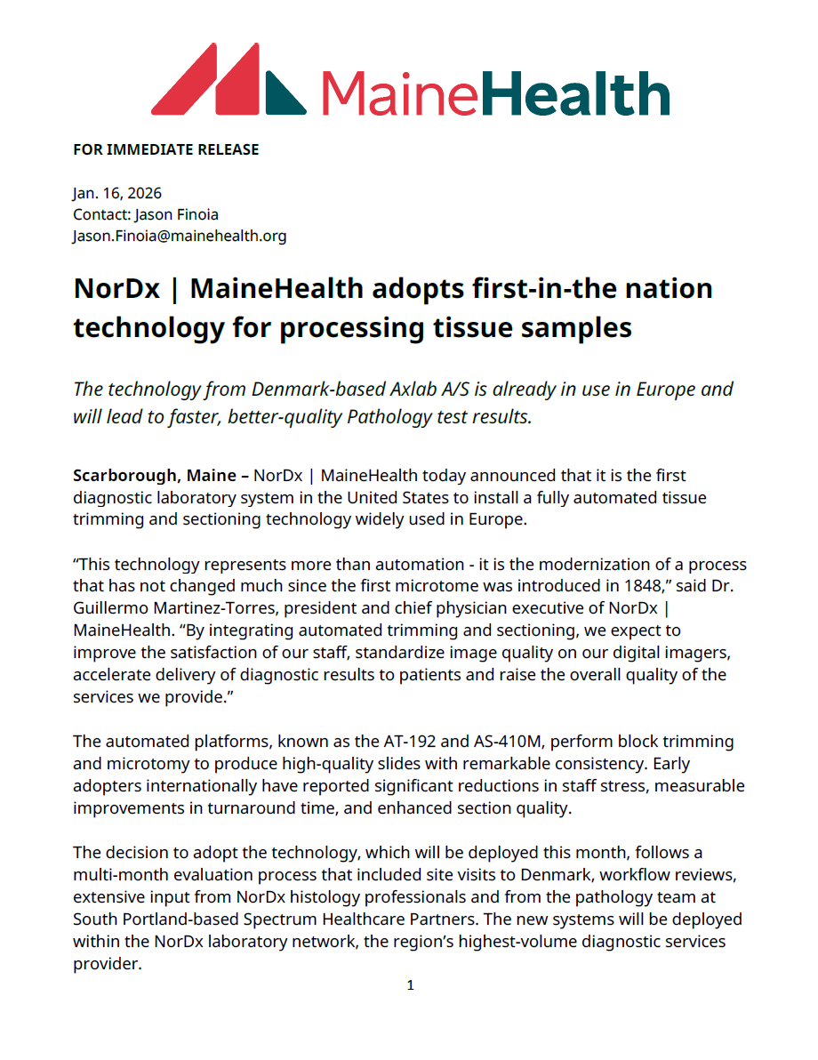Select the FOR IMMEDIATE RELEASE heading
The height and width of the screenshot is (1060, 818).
coord(166,149)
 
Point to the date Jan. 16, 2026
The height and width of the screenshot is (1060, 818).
coord(117,193)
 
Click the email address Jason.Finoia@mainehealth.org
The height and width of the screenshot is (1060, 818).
coord(180,236)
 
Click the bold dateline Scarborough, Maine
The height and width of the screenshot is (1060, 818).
coord(155,476)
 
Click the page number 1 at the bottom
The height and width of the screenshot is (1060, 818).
coord(410,985)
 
